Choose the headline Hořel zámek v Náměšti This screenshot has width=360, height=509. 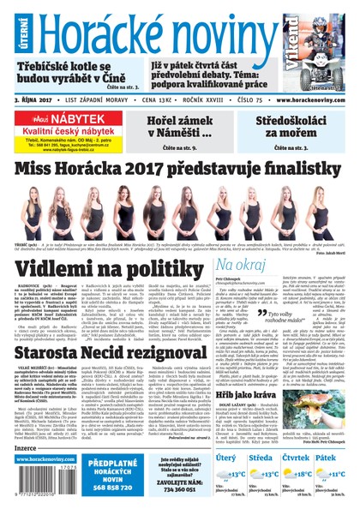pos(177,128)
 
